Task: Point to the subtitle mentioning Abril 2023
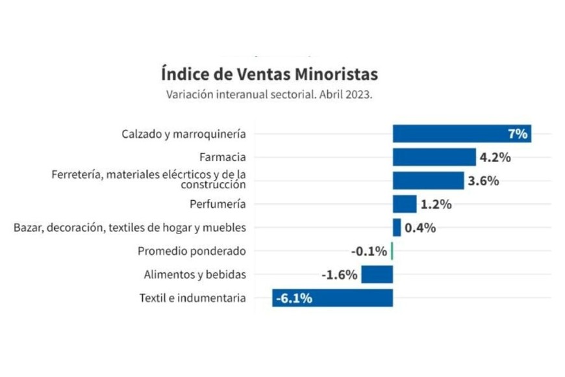(269, 94)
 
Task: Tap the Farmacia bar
(434, 157)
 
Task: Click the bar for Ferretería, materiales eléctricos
(428, 181)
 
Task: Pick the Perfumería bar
(404, 204)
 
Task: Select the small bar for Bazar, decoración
(397, 227)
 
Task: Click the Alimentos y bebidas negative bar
(377, 274)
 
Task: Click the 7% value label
(517, 135)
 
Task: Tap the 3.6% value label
(483, 181)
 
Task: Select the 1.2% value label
(436, 204)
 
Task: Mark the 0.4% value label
(420, 227)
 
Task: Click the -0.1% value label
(369, 251)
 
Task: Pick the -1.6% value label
(339, 274)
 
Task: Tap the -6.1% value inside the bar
(294, 298)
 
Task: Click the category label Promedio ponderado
(192, 251)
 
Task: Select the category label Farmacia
(223, 157)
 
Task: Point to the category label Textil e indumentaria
(193, 298)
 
